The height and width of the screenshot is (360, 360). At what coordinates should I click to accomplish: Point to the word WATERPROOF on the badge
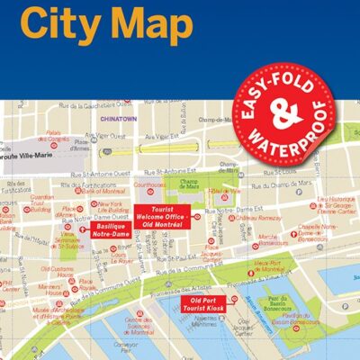point(301,135)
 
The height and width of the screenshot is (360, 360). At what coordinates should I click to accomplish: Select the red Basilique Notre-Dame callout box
point(111,230)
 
